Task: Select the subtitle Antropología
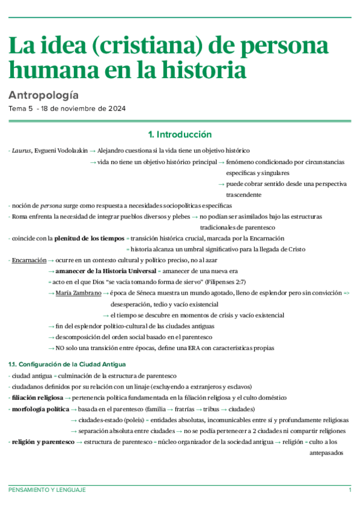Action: (43, 95)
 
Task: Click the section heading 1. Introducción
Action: (180, 134)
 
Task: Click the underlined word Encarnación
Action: (29, 260)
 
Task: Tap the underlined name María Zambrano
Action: (77, 293)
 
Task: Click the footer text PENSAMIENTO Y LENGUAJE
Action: (47, 490)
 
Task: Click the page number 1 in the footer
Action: (350, 490)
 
